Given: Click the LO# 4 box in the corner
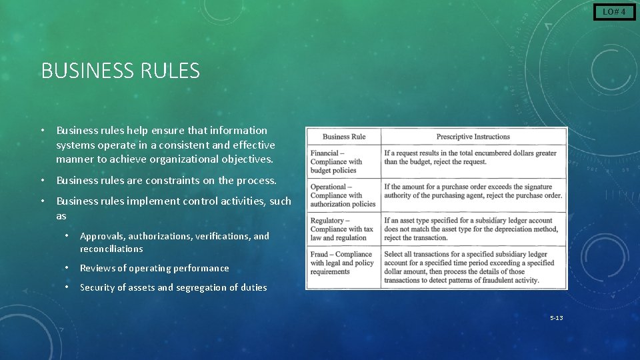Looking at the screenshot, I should click(614, 12).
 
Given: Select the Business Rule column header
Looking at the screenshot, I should click(344, 137).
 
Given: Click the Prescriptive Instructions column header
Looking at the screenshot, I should click(473, 137).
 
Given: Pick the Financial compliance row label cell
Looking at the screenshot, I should click(344, 161).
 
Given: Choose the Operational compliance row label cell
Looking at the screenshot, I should click(344, 195).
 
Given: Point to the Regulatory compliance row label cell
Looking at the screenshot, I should click(344, 229).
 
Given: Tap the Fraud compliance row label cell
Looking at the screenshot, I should click(344, 263).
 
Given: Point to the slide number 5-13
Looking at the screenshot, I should click(556, 318).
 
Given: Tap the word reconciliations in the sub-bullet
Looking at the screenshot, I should click(111, 249).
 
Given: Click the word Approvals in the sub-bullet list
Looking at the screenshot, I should click(102, 236).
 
